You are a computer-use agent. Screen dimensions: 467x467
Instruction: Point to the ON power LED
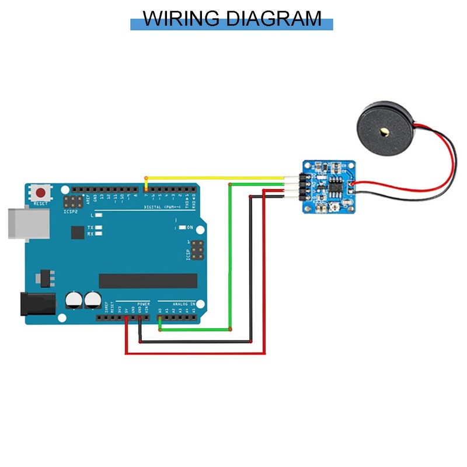[182, 227]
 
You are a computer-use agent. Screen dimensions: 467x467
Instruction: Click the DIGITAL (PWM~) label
[163, 207]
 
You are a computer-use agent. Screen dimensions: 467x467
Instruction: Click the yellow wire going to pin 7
[216, 177]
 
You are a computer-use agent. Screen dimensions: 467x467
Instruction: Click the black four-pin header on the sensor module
[304, 186]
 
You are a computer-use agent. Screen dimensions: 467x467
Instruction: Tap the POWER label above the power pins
[144, 304]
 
